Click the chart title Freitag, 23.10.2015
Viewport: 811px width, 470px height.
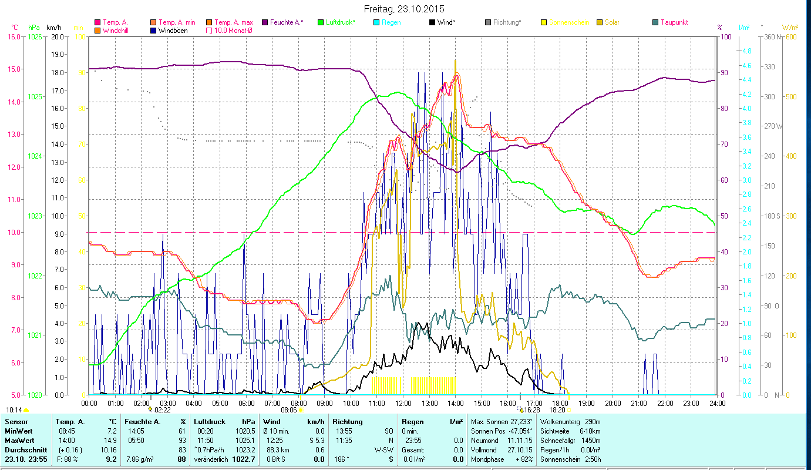pyautogui.click(x=404, y=9)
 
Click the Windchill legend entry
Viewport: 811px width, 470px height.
pyautogui.click(x=117, y=31)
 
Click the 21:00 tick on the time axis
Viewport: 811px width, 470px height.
pyautogui.click(x=639, y=404)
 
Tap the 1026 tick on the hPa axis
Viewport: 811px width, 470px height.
pyautogui.click(x=35, y=37)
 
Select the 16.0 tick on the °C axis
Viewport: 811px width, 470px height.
pyautogui.click(x=13, y=37)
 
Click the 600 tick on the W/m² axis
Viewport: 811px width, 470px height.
pyautogui.click(x=790, y=37)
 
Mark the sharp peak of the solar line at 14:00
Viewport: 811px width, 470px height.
pyautogui.click(x=455, y=61)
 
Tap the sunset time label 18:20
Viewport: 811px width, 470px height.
pyautogui.click(x=557, y=410)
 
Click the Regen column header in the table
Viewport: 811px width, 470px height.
pyautogui.click(x=412, y=421)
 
